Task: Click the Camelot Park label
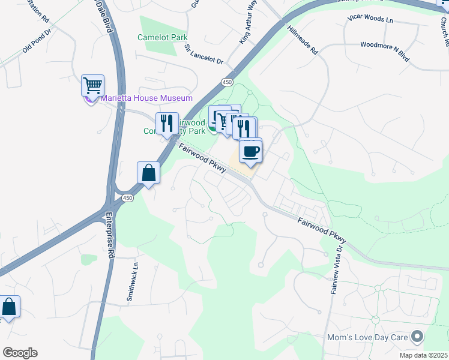point(162,37)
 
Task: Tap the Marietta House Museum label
point(146,98)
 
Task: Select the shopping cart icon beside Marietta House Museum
point(92,85)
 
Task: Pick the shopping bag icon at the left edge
point(10,307)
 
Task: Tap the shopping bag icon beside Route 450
point(148,173)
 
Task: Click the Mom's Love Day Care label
point(366,337)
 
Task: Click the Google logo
point(20,353)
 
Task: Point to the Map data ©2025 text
point(424,355)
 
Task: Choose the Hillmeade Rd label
point(302,40)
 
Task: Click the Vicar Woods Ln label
point(370,19)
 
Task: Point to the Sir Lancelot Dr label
point(203,55)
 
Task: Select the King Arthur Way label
point(247,21)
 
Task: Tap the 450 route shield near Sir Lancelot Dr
point(226,82)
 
